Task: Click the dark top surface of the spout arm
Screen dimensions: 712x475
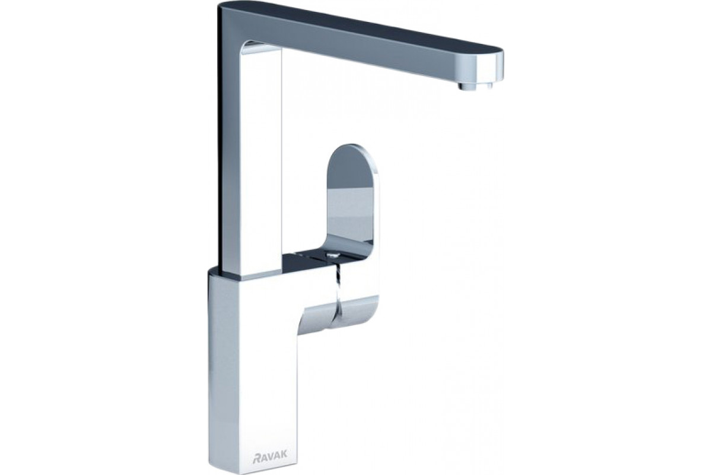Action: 359,26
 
